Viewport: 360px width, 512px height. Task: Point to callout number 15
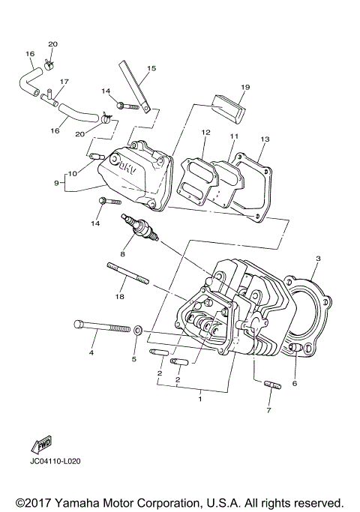point(151,68)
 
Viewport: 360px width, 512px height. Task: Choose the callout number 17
point(64,82)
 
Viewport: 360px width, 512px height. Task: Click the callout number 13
point(265,139)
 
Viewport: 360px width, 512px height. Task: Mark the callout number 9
point(56,183)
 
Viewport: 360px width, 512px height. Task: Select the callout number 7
point(269,411)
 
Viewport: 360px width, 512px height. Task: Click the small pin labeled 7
point(271,386)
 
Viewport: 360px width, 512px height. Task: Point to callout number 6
point(295,382)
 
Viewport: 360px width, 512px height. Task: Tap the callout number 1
point(199,400)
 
